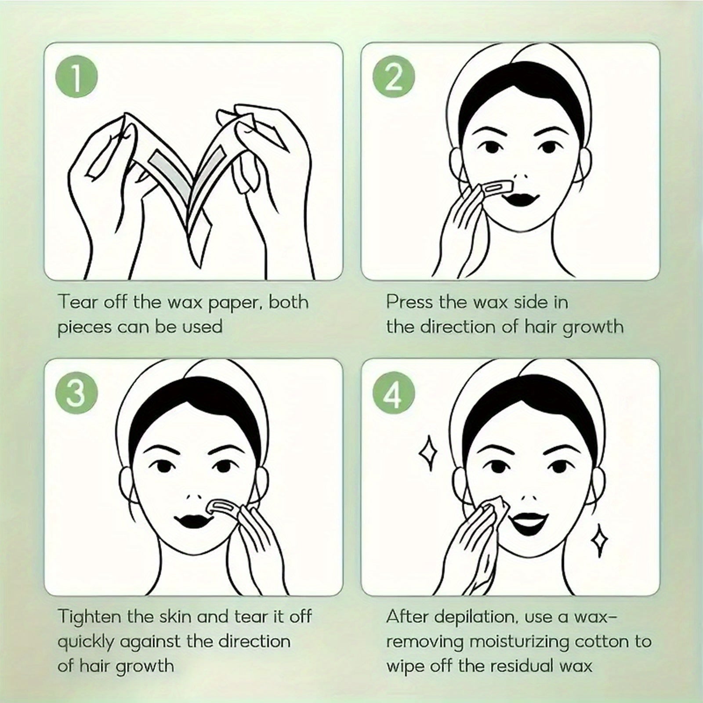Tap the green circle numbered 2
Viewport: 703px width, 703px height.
coord(394,79)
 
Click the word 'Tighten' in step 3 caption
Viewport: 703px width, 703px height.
coord(90,616)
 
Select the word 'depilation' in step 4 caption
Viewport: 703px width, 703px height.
coord(474,617)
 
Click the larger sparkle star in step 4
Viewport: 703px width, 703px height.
coord(428,453)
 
